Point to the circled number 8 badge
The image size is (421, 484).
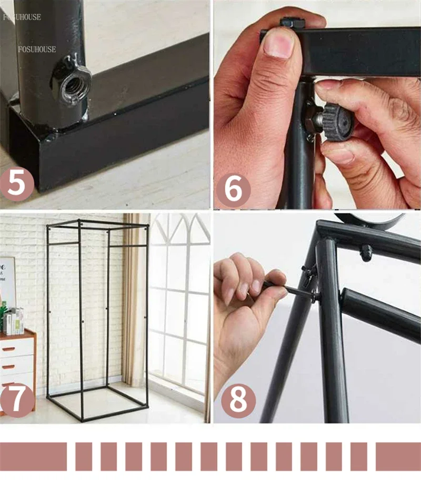tap(238, 401)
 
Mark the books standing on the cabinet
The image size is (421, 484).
tap(14, 320)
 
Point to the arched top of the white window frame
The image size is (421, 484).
tap(179, 226)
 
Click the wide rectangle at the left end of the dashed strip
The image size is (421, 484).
tap(33, 456)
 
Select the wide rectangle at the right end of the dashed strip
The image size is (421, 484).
tap(398, 456)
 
